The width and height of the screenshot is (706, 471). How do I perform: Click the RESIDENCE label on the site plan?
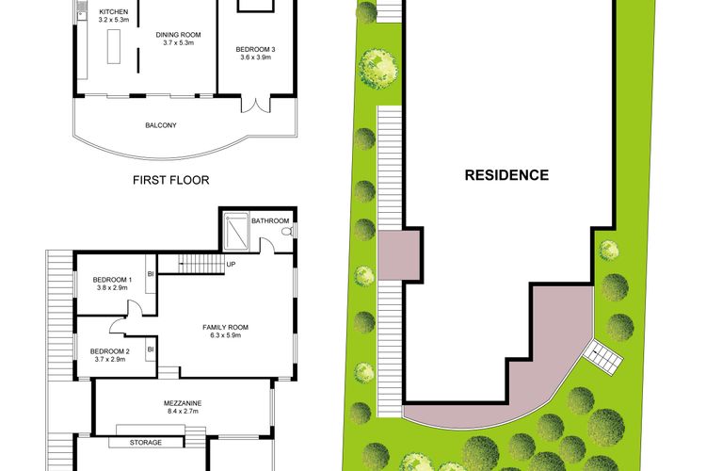(506, 175)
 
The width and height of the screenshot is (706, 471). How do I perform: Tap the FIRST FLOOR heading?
(170, 180)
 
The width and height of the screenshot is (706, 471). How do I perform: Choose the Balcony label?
(161, 125)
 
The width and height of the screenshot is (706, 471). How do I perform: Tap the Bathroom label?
(270, 221)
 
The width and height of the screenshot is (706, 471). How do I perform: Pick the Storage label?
(145, 443)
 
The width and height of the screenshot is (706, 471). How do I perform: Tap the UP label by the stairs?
(231, 264)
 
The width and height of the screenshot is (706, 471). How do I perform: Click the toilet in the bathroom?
(287, 231)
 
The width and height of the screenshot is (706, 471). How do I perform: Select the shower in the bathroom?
(236, 230)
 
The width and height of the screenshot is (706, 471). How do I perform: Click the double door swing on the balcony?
(252, 106)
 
